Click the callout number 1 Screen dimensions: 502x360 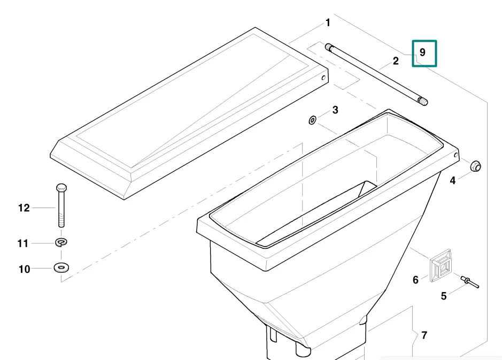[328, 23]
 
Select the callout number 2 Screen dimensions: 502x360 [396, 61]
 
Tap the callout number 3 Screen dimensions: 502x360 [335, 110]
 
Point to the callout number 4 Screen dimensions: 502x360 [452, 181]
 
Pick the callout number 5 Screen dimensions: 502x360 [444, 296]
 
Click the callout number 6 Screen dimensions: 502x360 [415, 280]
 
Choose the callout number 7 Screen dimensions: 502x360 [424, 335]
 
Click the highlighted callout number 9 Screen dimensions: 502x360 [422, 52]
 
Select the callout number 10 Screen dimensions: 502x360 [25, 269]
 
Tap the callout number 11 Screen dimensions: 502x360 [23, 243]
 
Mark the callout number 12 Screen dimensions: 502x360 [24, 208]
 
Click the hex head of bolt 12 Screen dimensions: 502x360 [61, 187]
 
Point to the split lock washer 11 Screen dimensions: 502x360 [61, 242]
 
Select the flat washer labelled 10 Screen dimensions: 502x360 [61, 267]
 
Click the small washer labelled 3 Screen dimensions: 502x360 [312, 120]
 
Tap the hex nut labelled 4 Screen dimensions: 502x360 [476, 166]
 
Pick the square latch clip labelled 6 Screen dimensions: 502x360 [441, 266]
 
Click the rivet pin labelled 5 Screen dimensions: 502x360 [470, 282]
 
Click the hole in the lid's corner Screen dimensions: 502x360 [323, 78]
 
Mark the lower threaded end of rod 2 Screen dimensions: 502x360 [423, 102]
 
